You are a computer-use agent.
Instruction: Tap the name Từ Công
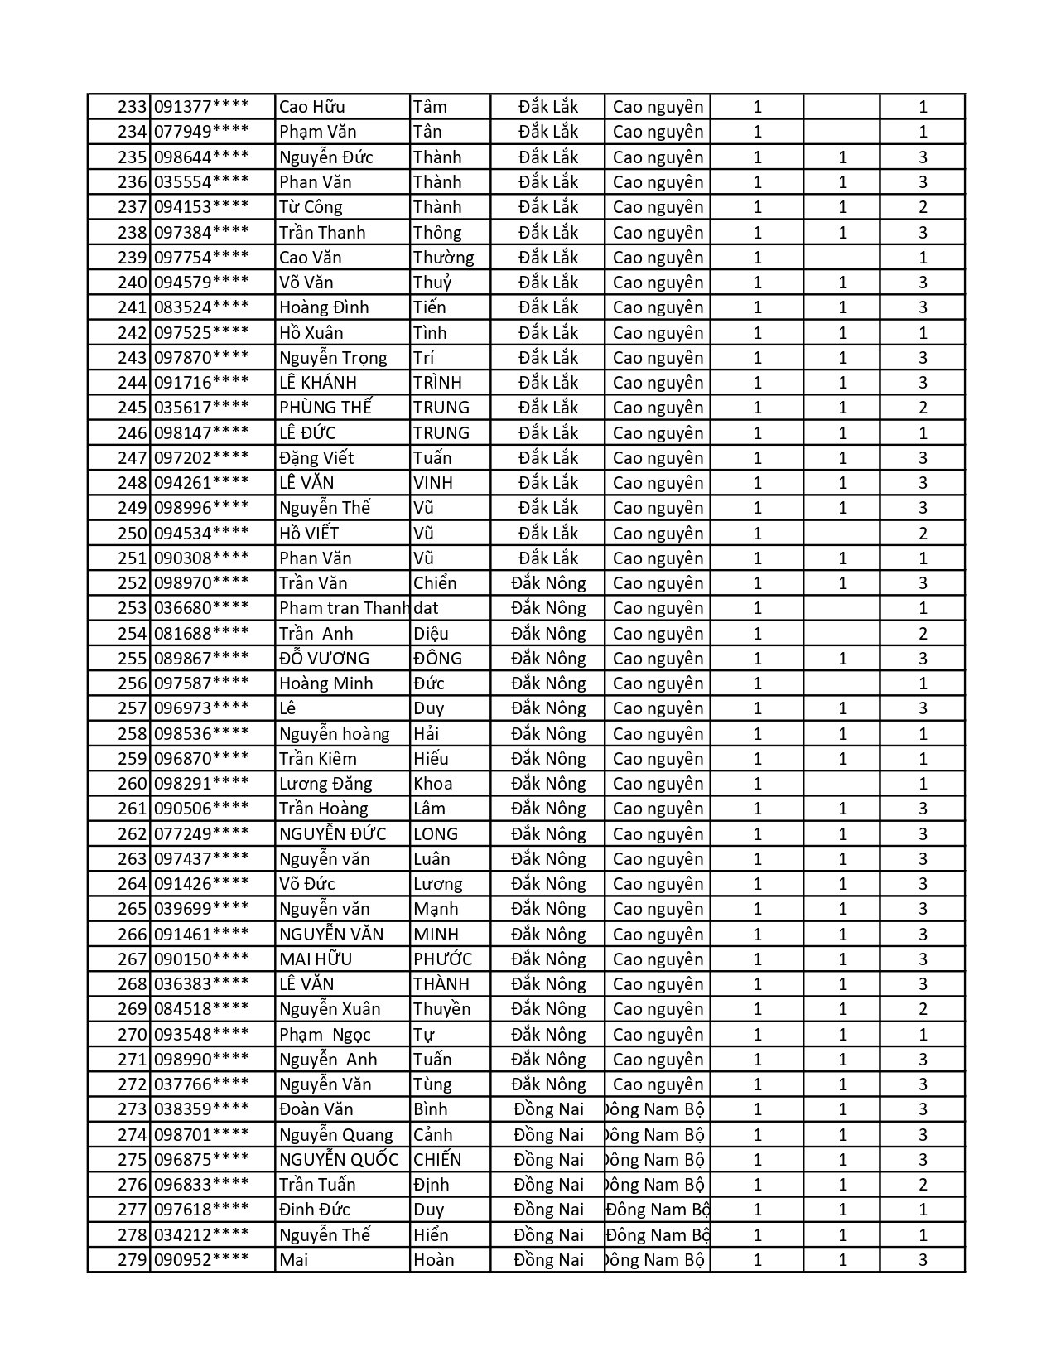click(x=311, y=207)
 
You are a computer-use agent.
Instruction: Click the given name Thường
click(x=443, y=258)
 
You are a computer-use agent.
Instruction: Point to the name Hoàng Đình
click(x=324, y=307)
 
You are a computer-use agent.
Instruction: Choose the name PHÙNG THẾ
click(x=325, y=408)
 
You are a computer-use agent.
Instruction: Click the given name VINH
click(x=433, y=483)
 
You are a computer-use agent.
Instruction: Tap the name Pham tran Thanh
click(x=344, y=608)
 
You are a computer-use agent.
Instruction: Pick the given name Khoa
click(x=432, y=784)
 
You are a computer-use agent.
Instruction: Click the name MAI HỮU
click(x=316, y=959)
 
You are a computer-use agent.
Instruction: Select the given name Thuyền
click(x=441, y=1009)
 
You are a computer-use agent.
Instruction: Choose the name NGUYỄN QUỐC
click(x=339, y=1160)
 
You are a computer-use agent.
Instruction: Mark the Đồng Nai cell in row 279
click(x=548, y=1260)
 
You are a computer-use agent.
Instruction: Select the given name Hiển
click(x=431, y=1235)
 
